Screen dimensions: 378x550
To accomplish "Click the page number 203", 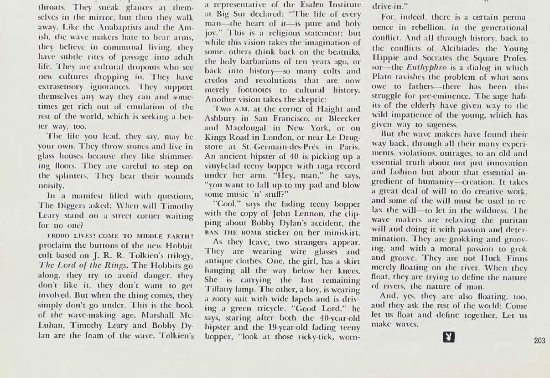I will (x=539, y=341).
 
